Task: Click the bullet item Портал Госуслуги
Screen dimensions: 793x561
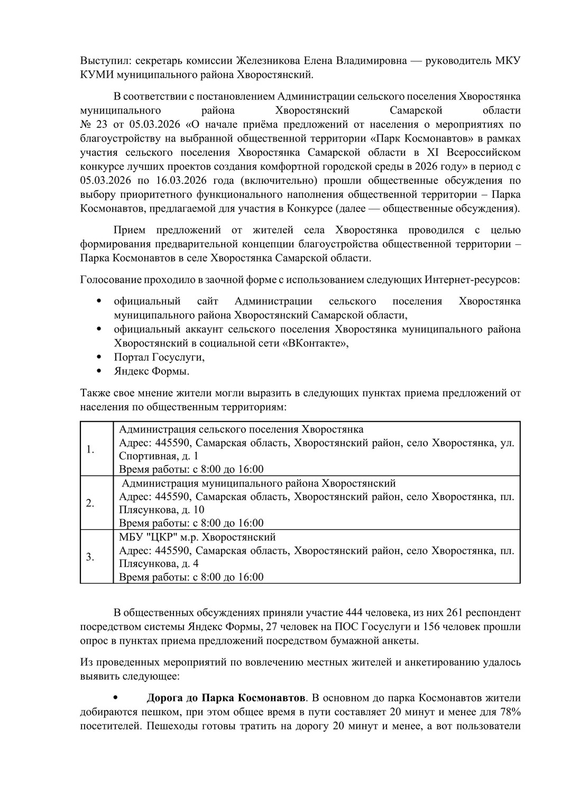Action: (159, 357)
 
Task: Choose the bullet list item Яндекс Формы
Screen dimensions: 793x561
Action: (152, 371)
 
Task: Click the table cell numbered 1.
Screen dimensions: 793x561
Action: (90, 449)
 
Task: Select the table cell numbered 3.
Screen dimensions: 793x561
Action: (90, 557)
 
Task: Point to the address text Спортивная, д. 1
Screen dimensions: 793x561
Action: (159, 456)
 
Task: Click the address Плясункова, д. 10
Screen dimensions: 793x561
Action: (162, 510)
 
